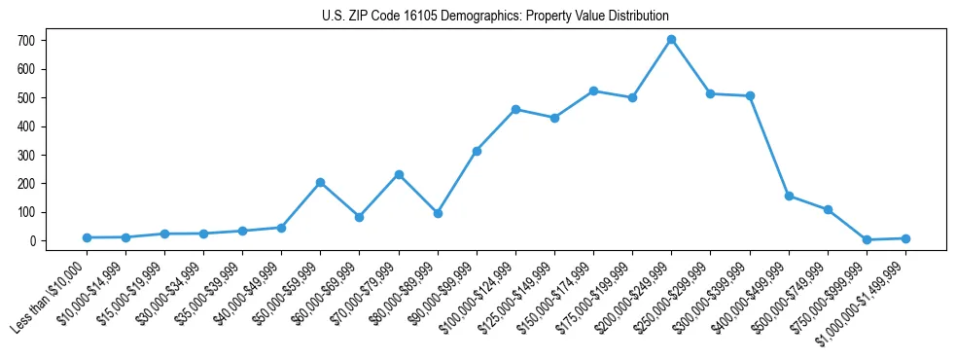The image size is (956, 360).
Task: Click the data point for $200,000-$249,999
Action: (x=671, y=40)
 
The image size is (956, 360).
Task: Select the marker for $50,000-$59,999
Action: (x=320, y=182)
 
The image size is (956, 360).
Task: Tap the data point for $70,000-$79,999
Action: (x=399, y=174)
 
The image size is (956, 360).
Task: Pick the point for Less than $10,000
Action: (x=87, y=237)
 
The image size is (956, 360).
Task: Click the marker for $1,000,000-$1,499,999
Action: (x=905, y=238)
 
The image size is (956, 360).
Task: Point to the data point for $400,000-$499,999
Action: (x=789, y=196)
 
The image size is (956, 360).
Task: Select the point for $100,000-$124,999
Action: (x=515, y=109)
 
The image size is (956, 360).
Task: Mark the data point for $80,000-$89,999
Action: (x=438, y=213)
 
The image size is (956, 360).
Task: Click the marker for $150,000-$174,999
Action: (x=593, y=90)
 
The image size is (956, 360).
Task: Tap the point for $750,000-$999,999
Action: (x=867, y=239)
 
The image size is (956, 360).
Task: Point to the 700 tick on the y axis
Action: (x=35, y=41)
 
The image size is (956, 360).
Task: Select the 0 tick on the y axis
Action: (x=35, y=240)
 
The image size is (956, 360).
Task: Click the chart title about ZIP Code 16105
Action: (x=495, y=17)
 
